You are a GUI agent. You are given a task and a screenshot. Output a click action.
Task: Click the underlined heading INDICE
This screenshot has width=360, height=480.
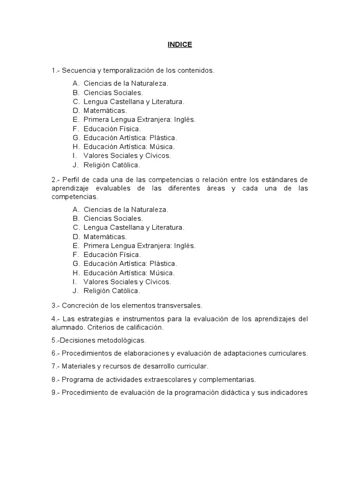pyautogui.click(x=180, y=45)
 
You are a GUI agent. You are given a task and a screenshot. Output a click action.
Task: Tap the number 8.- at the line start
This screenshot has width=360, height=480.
pyautogui.click(x=56, y=380)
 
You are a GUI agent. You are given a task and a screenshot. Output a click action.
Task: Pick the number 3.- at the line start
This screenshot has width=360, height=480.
pyautogui.click(x=56, y=306)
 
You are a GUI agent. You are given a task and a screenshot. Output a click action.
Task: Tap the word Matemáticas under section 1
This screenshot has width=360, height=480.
pyautogui.click(x=105, y=111)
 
